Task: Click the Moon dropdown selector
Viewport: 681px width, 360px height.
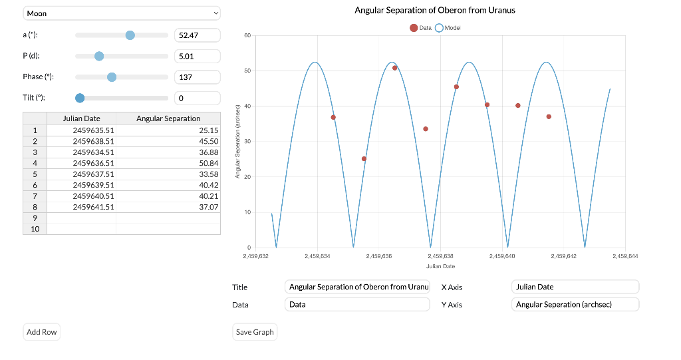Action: coord(122,13)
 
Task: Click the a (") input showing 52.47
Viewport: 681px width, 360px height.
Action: coord(197,35)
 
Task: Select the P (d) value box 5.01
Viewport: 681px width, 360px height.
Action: coord(197,56)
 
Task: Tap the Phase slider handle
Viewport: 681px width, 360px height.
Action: coord(112,77)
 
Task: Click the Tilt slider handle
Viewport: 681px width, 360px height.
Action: coord(80,98)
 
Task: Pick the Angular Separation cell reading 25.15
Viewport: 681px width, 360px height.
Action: coord(168,130)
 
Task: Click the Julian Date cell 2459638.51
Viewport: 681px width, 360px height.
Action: coord(82,141)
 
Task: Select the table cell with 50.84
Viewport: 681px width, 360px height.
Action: coord(168,163)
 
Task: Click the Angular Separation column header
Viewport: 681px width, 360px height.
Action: coord(168,118)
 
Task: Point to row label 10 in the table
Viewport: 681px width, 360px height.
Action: coord(35,229)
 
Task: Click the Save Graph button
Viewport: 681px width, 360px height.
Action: coord(255,332)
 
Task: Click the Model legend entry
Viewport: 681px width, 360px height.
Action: coord(448,28)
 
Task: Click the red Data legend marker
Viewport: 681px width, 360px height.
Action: coord(414,28)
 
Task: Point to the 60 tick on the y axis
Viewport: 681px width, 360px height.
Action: coord(247,35)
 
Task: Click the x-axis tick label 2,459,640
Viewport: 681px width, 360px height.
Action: coord(502,256)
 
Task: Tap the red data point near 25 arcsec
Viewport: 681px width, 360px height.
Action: coord(364,158)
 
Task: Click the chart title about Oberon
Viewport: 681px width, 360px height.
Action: coord(435,10)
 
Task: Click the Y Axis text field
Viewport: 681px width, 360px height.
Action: coord(575,304)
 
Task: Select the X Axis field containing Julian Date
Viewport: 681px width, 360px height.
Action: coord(575,287)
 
